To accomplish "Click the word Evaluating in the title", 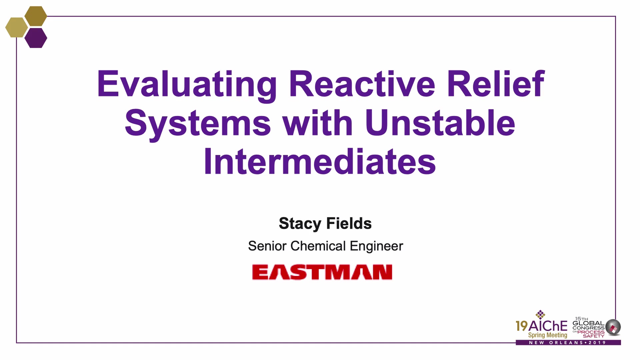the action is click(187, 85).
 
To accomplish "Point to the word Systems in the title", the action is click(198, 124).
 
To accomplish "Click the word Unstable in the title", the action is click(440, 122).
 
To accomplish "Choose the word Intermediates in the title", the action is click(320, 161).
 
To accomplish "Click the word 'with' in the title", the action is click(318, 122).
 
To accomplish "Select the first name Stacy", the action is click(300, 224).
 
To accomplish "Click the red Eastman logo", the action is click(322, 272).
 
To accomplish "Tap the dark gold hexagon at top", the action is click(36, 16).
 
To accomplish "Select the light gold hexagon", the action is click(17, 27).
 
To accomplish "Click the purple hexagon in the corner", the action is click(36, 38).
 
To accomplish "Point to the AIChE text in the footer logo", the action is click(548, 326).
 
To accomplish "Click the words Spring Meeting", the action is click(548, 335).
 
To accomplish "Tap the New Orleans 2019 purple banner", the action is click(568, 343).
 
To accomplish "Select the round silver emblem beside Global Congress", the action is click(613, 327).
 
